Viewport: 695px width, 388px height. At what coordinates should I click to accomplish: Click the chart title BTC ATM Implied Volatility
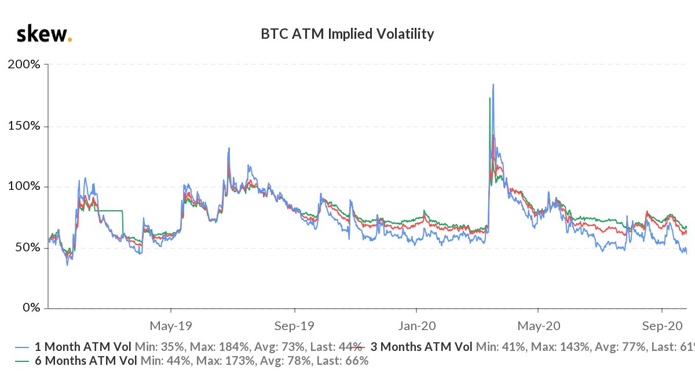point(348,34)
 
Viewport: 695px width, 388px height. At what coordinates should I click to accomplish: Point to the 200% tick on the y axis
point(24,64)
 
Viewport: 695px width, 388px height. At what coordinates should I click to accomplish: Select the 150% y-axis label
point(24,126)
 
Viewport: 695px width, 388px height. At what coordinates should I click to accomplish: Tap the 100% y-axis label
point(24,186)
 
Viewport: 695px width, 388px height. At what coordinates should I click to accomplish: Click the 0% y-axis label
point(30,308)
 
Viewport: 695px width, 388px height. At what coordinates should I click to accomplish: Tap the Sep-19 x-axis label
point(294,324)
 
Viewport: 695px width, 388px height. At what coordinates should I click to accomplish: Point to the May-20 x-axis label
point(538,324)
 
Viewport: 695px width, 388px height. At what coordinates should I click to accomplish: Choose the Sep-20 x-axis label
point(661,324)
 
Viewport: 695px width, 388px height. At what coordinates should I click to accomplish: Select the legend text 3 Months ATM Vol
point(421,347)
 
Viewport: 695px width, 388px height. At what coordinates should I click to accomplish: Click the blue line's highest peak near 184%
point(493,85)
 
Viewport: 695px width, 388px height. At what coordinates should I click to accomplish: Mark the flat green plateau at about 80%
point(110,210)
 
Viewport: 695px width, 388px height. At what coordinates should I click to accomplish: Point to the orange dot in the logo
point(70,40)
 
